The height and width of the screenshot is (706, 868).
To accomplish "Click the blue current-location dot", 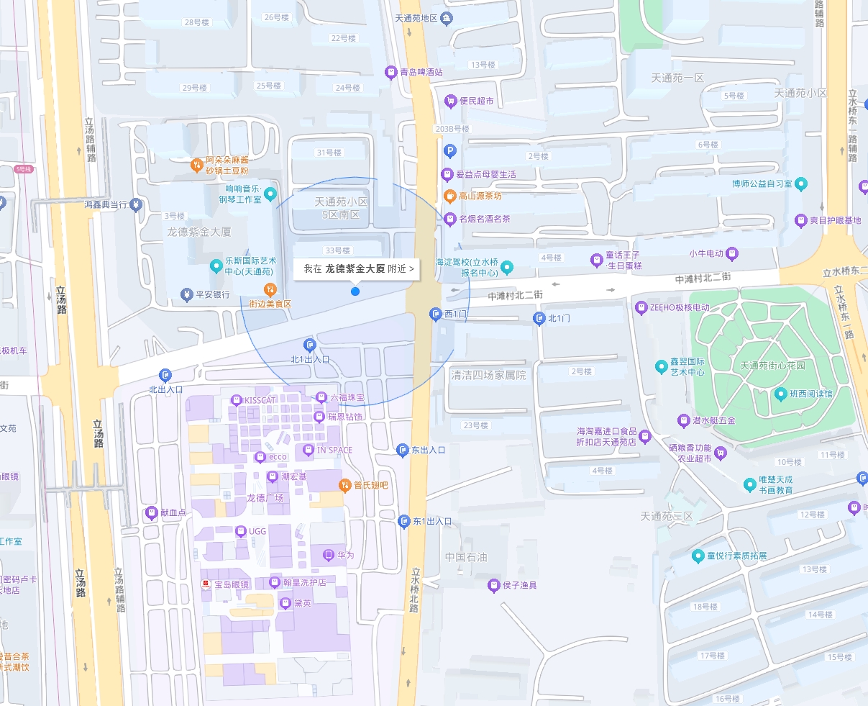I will coord(355,291).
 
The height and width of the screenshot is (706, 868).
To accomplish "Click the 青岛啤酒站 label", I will coord(421,72).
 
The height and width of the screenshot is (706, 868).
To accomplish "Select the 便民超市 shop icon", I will coord(451,101).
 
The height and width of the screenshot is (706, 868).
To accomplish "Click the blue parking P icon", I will coord(450,150).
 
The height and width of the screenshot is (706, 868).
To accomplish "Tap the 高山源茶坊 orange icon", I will coord(450,196).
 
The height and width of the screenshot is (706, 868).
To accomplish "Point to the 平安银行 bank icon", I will coord(186,294).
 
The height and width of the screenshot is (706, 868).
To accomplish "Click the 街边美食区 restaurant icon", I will coord(270,290).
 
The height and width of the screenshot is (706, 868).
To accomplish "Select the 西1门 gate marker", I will coord(436,314).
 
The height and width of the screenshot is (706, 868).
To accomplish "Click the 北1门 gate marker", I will coord(539,318).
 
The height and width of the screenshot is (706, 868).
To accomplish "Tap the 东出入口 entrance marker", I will coord(403,450).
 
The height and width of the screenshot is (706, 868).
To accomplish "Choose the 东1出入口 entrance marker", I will coord(403,521).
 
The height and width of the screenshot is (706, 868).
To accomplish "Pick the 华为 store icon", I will coord(329,555).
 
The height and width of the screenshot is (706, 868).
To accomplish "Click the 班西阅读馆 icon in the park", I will coord(781,394).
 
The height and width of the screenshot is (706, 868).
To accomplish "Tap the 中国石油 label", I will coord(465,557).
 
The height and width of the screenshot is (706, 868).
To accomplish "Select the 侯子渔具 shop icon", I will coord(493,585).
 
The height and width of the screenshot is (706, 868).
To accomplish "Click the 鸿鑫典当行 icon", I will coord(136,205).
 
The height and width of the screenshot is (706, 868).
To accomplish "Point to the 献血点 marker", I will coord(151,513).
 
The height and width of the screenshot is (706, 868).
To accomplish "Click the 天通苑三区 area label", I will coord(667,517).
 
